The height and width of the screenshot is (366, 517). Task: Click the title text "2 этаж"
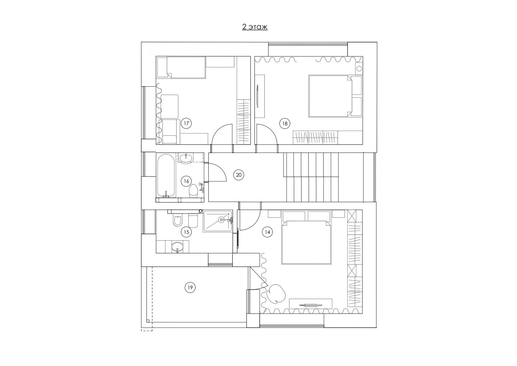255,27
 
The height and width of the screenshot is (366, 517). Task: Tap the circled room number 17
186,123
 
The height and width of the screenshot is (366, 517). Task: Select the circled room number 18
285,124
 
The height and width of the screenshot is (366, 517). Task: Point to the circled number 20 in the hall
239,175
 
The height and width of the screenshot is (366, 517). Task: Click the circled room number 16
186,181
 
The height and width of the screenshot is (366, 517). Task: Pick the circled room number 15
186,232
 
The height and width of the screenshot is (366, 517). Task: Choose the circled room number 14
267,232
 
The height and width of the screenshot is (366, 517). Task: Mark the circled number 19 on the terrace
190,287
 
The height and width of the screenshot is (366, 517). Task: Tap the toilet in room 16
193,191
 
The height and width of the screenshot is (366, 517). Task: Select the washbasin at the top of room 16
186,158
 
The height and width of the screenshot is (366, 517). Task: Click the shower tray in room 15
218,221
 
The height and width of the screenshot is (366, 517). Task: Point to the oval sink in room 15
177,247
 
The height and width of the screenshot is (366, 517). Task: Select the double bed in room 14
306,242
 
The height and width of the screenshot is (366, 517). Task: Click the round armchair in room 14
276,294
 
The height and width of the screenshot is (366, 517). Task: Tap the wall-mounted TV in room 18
257,96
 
